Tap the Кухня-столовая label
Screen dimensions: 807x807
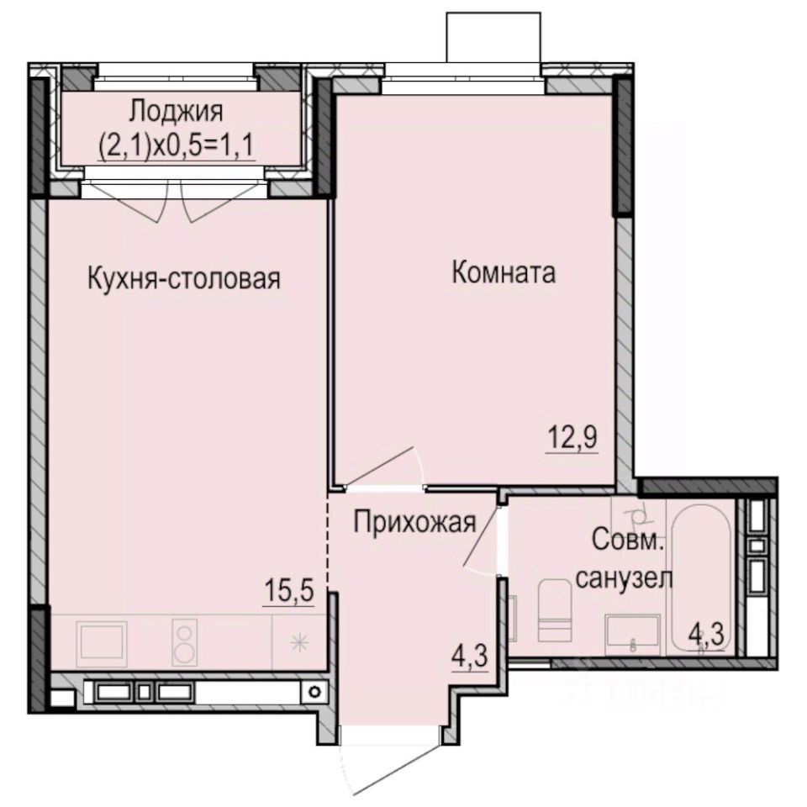[x=184, y=278]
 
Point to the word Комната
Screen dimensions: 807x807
[x=504, y=272]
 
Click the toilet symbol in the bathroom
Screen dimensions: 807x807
[x=555, y=610]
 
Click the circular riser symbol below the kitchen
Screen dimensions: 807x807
[x=314, y=692]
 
